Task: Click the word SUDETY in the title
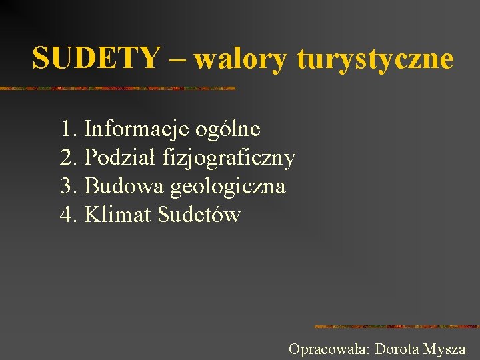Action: pos(97,58)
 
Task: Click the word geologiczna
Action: pos(227,187)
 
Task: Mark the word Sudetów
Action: pos(199,215)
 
